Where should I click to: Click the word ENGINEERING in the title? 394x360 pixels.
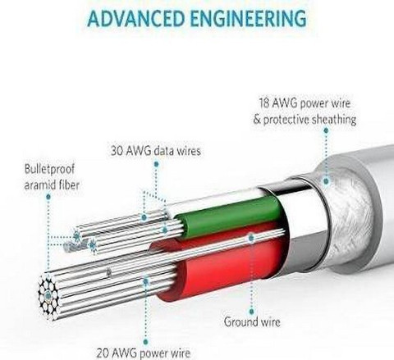click(249, 19)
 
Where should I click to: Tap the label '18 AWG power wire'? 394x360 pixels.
click(305, 103)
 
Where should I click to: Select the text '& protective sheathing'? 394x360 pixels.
click(305, 120)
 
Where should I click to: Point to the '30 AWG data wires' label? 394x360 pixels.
click(156, 151)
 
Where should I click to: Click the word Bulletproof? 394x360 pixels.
click(49, 169)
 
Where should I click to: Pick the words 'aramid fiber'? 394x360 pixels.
click(52, 185)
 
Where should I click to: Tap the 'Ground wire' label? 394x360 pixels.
click(252, 321)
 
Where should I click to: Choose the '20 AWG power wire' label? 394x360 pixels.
click(144, 353)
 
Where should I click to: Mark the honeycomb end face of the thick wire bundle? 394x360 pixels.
click(48, 295)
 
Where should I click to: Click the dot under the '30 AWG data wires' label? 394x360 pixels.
click(156, 164)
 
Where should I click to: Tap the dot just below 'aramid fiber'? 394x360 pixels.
click(48, 196)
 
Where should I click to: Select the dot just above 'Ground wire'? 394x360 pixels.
click(252, 312)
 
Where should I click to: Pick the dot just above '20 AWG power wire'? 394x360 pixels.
click(146, 342)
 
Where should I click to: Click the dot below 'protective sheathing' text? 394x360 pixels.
click(326, 130)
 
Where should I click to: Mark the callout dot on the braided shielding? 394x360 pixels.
click(326, 181)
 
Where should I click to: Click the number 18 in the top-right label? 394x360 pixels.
click(264, 103)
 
